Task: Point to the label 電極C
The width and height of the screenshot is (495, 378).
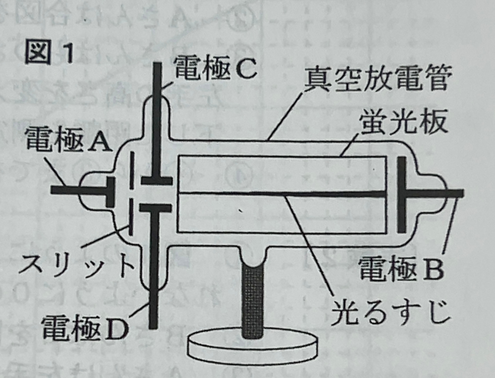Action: pyautogui.click(x=214, y=71)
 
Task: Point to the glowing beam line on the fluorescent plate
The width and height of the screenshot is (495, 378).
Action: pyautogui.click(x=277, y=193)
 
